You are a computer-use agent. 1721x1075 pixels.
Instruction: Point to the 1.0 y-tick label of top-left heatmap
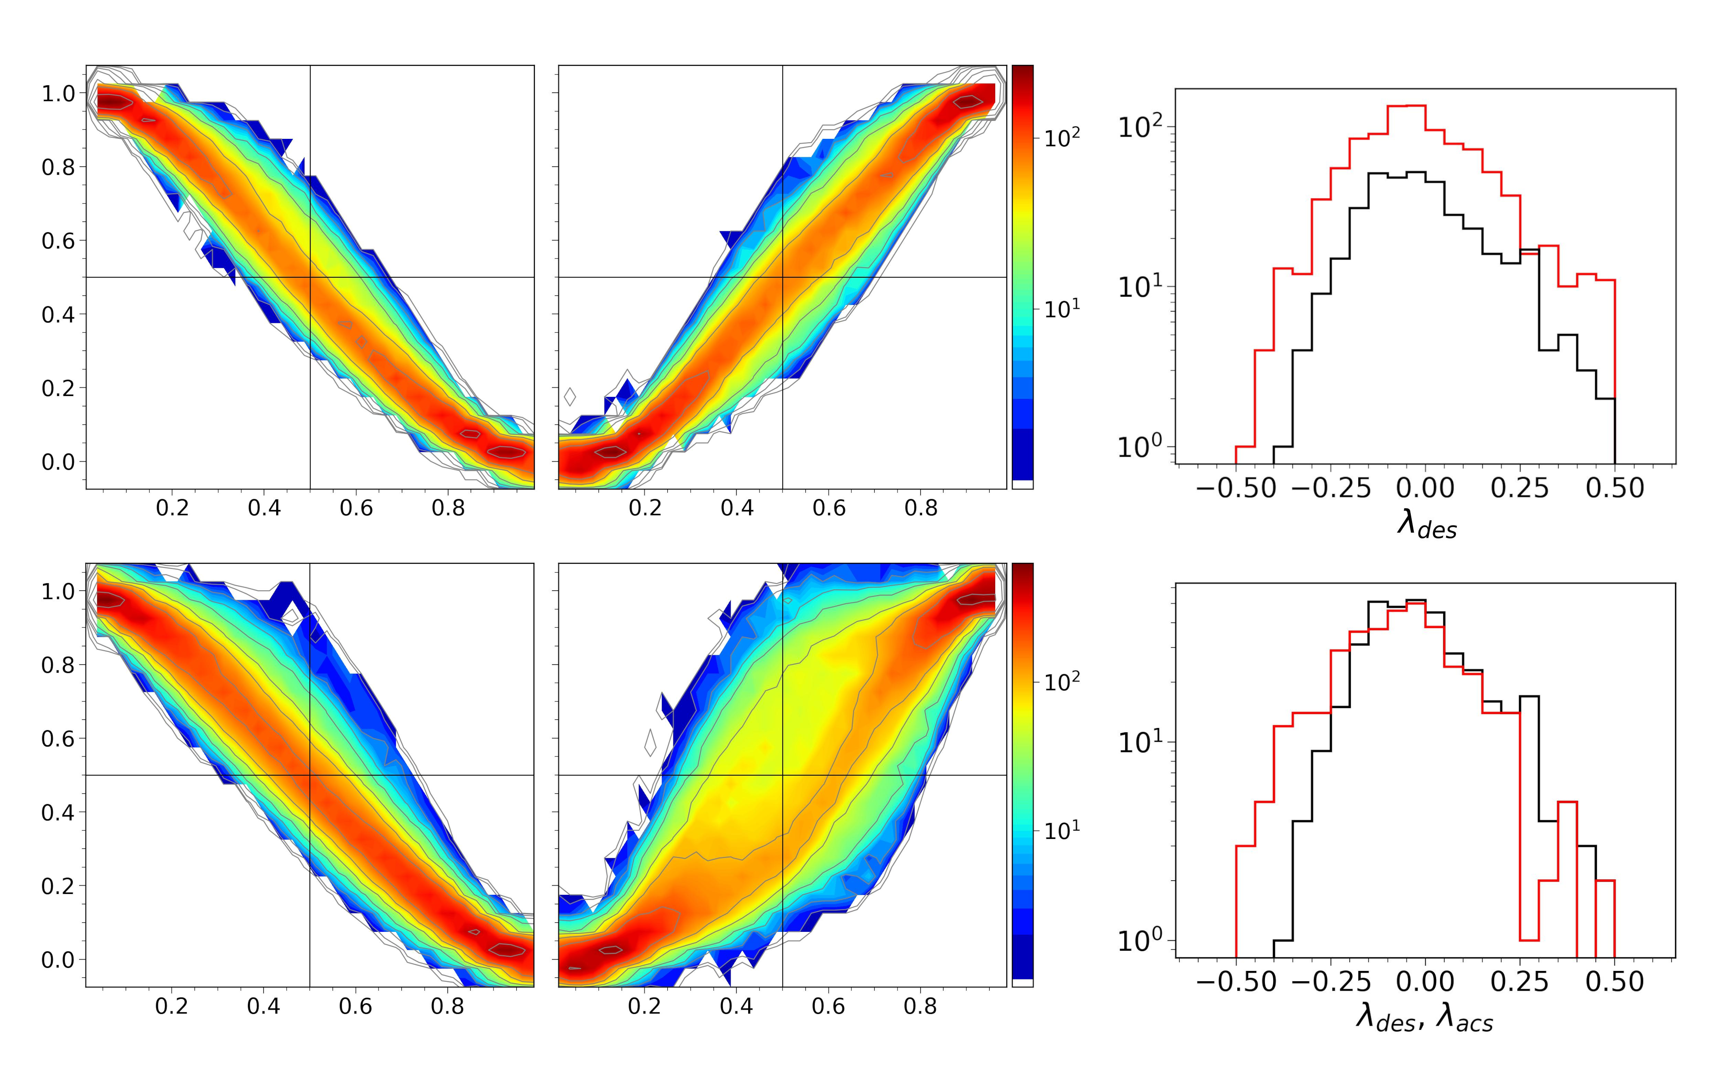click(59, 93)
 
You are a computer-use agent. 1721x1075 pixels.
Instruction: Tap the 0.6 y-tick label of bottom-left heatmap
click(59, 739)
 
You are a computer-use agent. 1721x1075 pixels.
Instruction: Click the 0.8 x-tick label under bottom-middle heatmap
click(921, 1006)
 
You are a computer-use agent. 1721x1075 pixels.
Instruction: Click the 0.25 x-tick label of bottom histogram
click(1521, 982)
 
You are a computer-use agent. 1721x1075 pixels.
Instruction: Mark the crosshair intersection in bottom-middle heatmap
click(782, 775)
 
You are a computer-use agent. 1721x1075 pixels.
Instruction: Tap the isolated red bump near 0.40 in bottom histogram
click(1567, 803)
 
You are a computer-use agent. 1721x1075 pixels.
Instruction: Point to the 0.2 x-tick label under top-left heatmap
click(172, 508)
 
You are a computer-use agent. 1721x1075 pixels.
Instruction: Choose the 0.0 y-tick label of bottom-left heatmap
click(59, 960)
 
